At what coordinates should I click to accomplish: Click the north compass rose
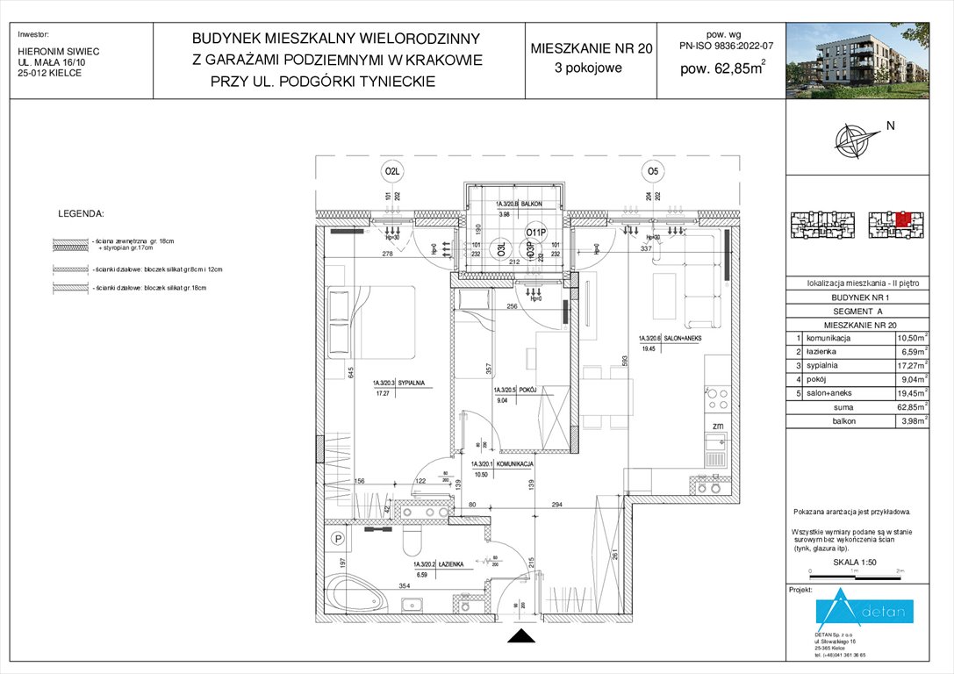(857, 139)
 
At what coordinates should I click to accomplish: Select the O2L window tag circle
(391, 170)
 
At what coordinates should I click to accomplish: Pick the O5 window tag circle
(652, 170)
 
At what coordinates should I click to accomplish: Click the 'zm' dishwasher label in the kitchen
(716, 426)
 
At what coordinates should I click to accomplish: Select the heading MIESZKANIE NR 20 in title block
(592, 49)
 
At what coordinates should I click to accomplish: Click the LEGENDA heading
(81, 213)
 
